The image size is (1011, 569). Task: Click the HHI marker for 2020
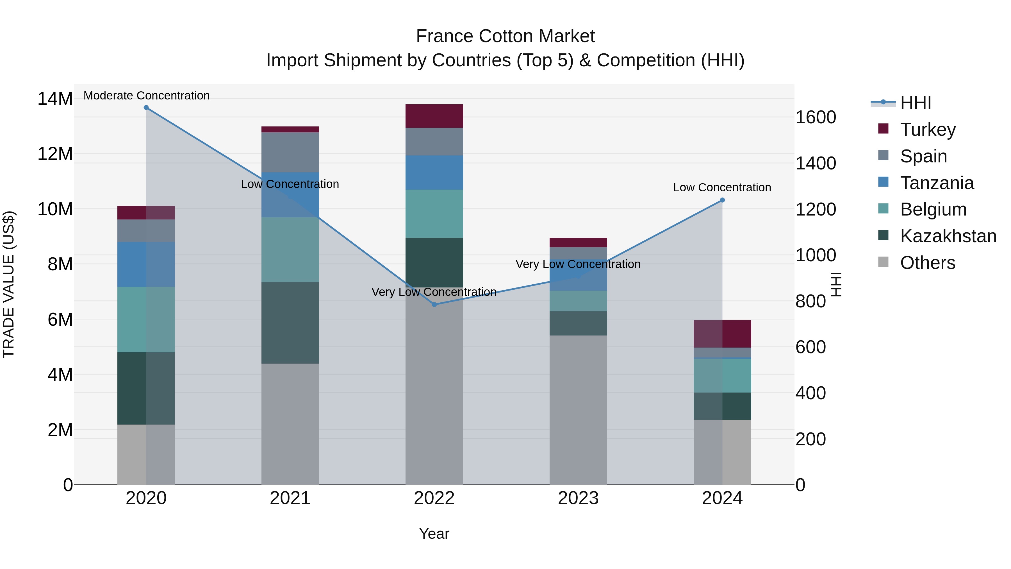point(146,108)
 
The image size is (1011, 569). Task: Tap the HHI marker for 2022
point(434,305)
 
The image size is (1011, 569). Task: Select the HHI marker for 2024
point(722,200)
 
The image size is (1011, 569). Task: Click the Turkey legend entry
point(928,130)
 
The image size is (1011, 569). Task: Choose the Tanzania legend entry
point(937,183)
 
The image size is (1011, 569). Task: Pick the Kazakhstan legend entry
point(948,236)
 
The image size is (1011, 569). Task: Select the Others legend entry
point(927,263)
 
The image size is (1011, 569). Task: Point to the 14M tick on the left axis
point(55,99)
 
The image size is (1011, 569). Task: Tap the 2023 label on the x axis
point(578,498)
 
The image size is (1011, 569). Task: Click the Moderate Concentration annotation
point(146,96)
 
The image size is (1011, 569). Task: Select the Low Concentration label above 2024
point(722,187)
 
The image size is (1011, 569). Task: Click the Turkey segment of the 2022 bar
point(434,116)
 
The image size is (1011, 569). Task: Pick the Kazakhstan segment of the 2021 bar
point(290,323)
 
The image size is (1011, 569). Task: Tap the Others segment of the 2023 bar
point(578,410)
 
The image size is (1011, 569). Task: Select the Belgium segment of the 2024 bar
point(722,376)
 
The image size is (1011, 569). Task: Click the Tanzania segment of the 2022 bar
point(434,173)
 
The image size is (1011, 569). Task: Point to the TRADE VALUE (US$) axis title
point(9,284)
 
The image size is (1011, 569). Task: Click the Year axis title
point(434,534)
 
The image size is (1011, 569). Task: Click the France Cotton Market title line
point(505,36)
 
